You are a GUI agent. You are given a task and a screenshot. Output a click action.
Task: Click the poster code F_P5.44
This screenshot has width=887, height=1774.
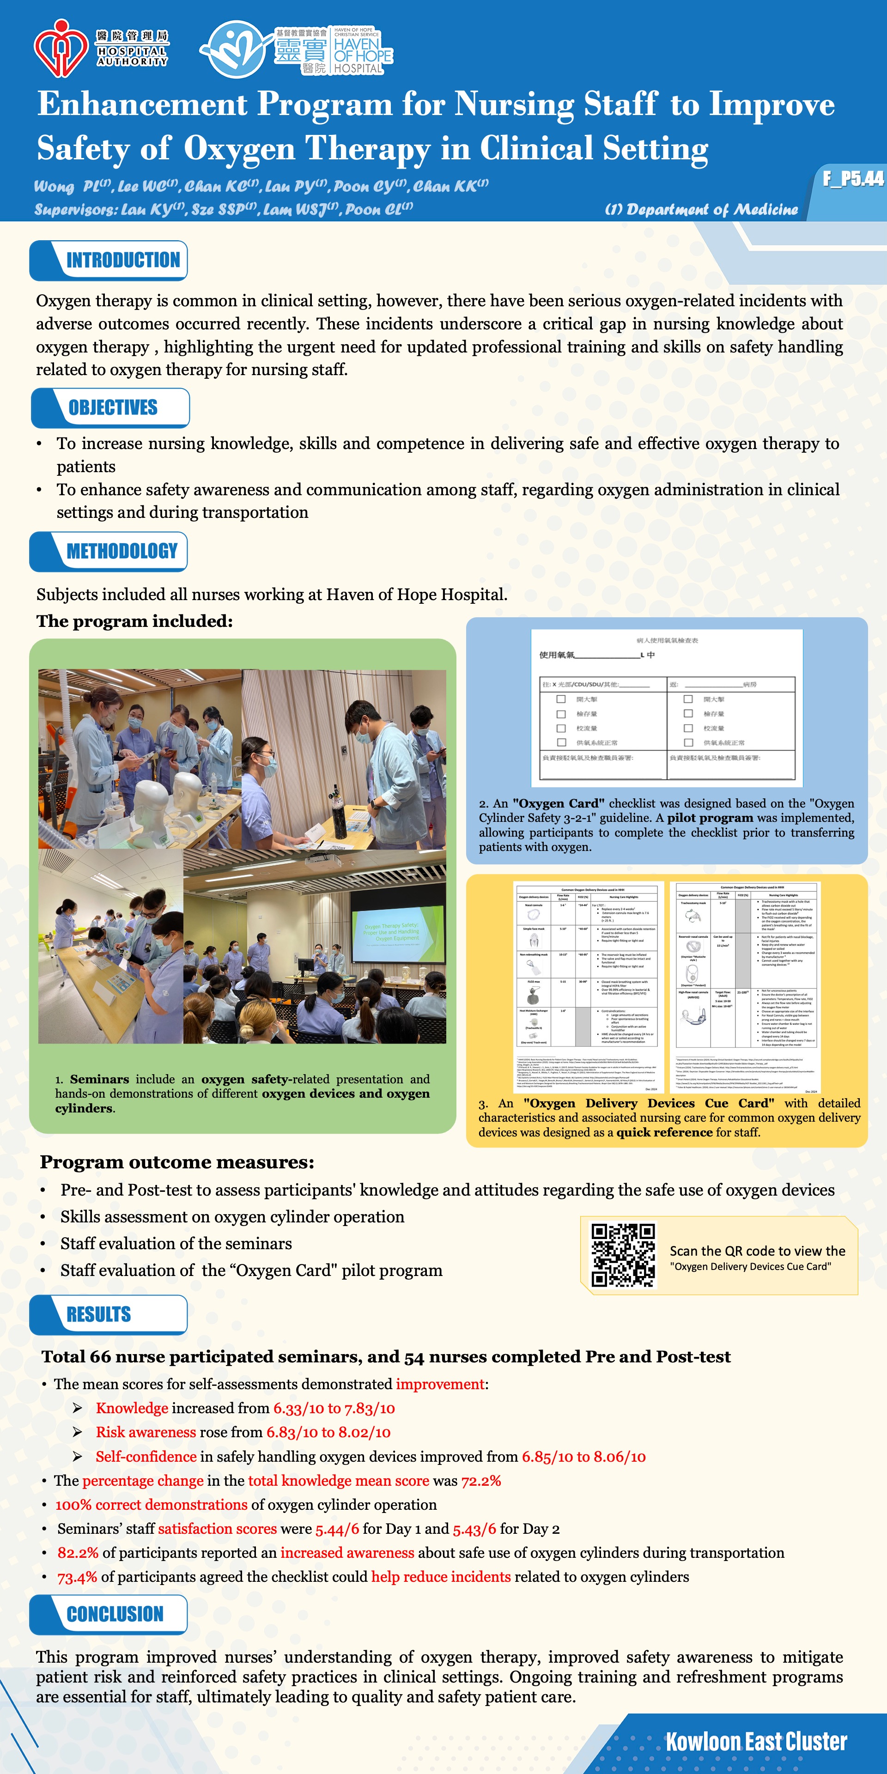point(852,179)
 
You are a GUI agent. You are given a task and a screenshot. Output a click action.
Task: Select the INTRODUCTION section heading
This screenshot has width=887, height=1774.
point(122,260)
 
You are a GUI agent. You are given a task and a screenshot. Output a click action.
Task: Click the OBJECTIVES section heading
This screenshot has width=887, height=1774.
point(113,407)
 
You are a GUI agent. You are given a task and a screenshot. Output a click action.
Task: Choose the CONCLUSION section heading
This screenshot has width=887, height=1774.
point(115,1614)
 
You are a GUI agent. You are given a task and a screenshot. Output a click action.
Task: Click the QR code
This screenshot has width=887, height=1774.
point(623,1254)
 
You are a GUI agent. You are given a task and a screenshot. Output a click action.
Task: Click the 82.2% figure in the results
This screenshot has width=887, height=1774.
point(78,1553)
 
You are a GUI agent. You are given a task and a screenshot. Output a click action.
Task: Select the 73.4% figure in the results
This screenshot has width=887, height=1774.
point(77,1577)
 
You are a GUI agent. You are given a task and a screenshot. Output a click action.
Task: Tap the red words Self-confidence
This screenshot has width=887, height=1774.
point(146,1457)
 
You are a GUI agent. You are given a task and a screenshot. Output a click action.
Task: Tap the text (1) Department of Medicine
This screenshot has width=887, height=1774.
point(701,209)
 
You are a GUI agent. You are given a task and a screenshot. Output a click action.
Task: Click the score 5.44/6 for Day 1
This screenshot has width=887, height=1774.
point(337,1529)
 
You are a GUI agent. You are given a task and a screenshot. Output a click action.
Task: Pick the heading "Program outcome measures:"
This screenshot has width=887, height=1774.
point(177,1162)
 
